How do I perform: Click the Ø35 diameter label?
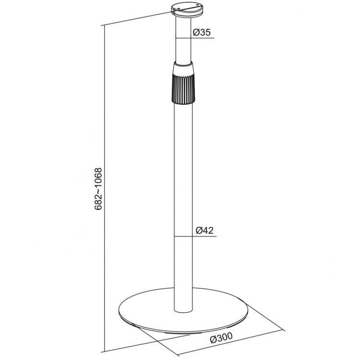(x=202, y=33)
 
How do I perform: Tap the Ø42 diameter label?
(x=205, y=231)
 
